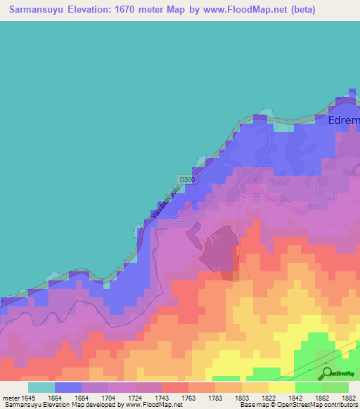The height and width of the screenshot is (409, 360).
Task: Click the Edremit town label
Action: [344, 120]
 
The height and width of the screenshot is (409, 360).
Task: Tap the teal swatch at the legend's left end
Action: [41, 387]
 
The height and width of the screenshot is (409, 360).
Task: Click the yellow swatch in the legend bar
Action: [281, 387]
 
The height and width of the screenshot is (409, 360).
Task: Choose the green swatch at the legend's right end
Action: [335, 387]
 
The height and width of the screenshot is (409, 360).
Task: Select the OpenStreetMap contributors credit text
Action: [323, 405]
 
